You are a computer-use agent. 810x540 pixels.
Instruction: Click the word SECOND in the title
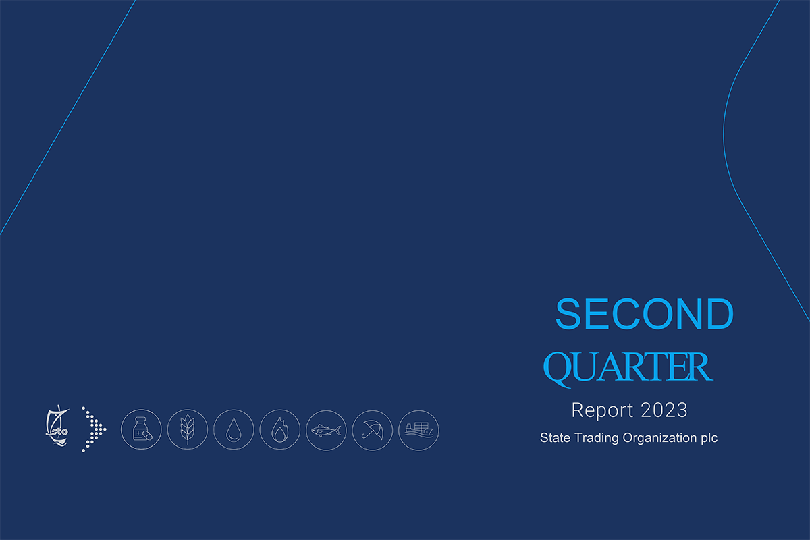click(645, 314)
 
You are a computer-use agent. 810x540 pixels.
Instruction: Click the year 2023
click(664, 410)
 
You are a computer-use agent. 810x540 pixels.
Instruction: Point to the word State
click(556, 437)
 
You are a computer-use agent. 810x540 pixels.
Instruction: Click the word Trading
click(597, 438)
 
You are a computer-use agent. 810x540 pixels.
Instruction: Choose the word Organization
click(659, 438)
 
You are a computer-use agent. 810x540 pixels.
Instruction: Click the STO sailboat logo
click(57, 426)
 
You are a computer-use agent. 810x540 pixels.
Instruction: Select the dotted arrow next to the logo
click(94, 429)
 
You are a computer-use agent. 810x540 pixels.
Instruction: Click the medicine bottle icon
click(141, 429)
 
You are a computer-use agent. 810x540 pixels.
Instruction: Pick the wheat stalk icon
click(188, 429)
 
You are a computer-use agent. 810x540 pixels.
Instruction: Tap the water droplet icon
click(234, 429)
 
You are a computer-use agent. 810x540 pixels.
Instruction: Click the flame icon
click(280, 429)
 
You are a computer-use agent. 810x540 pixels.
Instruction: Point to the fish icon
click(326, 430)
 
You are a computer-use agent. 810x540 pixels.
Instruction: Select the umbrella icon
click(373, 430)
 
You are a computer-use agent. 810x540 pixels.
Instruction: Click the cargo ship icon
click(418, 430)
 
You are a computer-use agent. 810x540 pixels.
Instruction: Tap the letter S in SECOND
click(568, 314)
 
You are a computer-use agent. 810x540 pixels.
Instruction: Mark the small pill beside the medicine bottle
click(148, 435)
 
